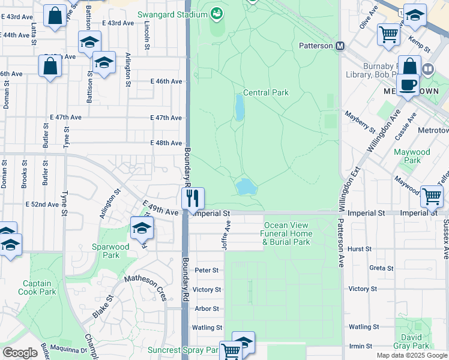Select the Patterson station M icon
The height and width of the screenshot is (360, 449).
(340, 46)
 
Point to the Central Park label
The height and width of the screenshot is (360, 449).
(266, 93)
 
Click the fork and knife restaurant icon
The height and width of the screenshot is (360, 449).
(193, 199)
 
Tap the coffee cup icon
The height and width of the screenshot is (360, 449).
(408, 85)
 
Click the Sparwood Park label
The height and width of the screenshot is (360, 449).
(110, 251)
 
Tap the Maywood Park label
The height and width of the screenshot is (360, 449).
(412, 156)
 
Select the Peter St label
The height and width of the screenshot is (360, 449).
(206, 271)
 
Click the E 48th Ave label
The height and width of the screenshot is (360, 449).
(166, 143)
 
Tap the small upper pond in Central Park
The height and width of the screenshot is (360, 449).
(240, 109)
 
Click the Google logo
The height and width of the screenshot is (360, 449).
(20, 353)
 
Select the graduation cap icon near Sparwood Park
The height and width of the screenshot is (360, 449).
(142, 228)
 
